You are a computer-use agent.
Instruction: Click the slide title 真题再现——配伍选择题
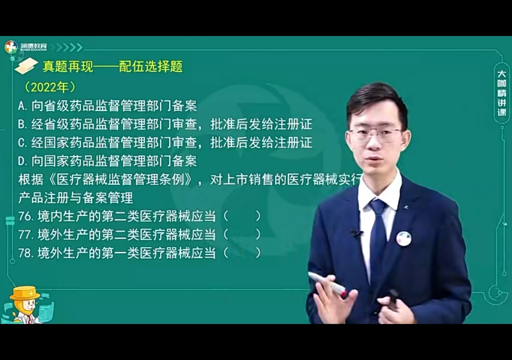coord(112,66)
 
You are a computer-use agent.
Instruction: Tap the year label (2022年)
coord(50,87)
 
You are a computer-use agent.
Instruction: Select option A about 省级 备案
coord(107,105)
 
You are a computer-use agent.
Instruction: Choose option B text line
coord(164,124)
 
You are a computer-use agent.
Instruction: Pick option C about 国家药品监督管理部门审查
coord(164,142)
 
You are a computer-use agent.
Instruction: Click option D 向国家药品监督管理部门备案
coord(107,160)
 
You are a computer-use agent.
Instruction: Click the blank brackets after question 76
coord(242,216)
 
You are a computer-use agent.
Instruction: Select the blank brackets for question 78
coord(242,253)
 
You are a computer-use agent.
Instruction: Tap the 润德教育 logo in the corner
coord(26,47)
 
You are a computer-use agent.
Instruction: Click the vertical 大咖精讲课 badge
coord(501,93)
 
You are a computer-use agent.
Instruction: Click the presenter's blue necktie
coord(377,235)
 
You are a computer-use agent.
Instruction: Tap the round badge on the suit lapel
coord(403,238)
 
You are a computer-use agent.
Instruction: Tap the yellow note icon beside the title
coord(26,66)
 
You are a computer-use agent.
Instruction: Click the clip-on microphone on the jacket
coord(356,233)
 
